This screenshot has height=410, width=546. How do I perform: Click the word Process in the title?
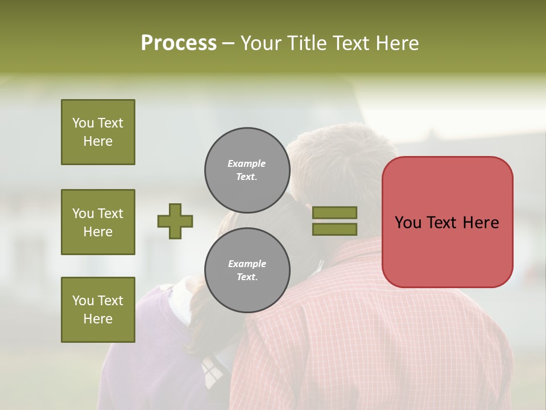(179, 43)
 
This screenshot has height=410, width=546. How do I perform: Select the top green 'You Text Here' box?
(98, 132)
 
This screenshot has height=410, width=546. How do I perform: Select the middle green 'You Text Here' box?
(98, 222)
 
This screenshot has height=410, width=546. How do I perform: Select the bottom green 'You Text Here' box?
(98, 310)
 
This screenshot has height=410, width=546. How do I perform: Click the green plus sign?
(175, 221)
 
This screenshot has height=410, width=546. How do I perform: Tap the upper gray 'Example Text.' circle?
(247, 170)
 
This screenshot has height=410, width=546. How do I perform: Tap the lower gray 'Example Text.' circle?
(247, 270)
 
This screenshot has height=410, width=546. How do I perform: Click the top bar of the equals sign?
(334, 212)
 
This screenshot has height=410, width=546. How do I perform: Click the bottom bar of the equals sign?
(334, 229)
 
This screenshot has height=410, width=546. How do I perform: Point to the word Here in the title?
(398, 43)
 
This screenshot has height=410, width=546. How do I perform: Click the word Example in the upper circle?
(247, 163)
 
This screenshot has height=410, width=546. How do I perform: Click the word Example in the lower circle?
(247, 264)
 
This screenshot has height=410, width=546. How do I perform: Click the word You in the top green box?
(83, 123)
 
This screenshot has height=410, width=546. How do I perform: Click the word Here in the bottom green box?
(98, 319)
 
